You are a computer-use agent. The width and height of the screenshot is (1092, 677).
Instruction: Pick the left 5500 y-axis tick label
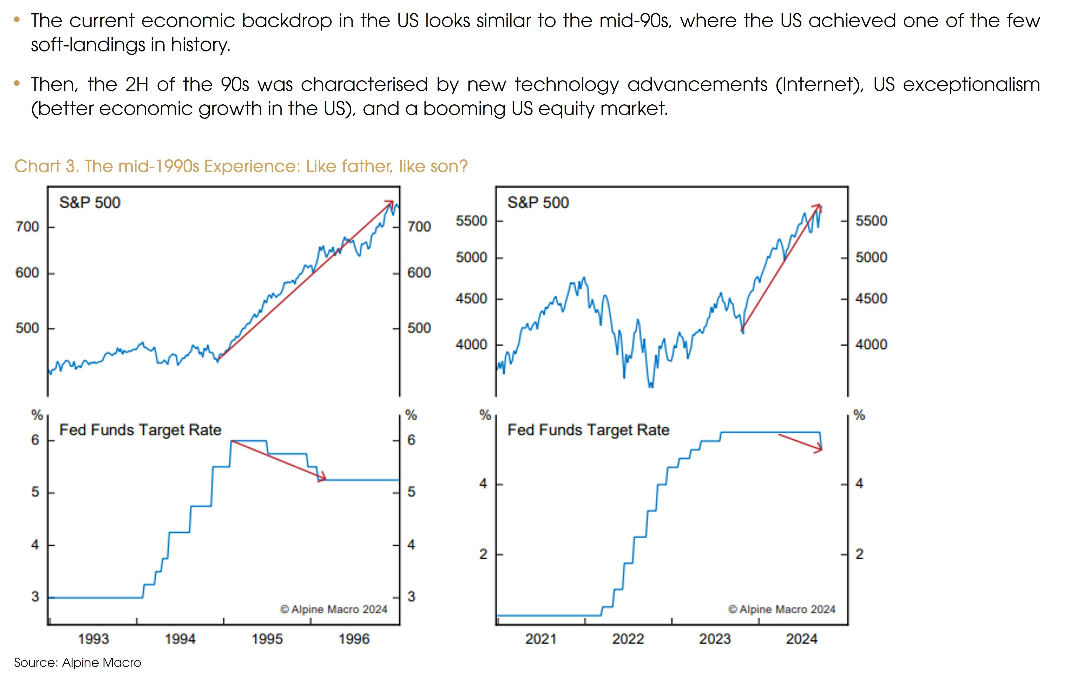pos(471,221)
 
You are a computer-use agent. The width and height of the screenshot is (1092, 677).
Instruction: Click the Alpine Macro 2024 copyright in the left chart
pos(333,609)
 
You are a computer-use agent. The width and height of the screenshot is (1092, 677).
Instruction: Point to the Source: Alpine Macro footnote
pos(77,663)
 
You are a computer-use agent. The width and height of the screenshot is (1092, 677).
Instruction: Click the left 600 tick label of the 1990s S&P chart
pos(27,273)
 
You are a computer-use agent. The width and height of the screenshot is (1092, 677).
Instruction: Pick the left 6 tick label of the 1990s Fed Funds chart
pos(35,440)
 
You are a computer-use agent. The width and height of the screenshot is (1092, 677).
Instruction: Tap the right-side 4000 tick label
pos(871,344)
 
